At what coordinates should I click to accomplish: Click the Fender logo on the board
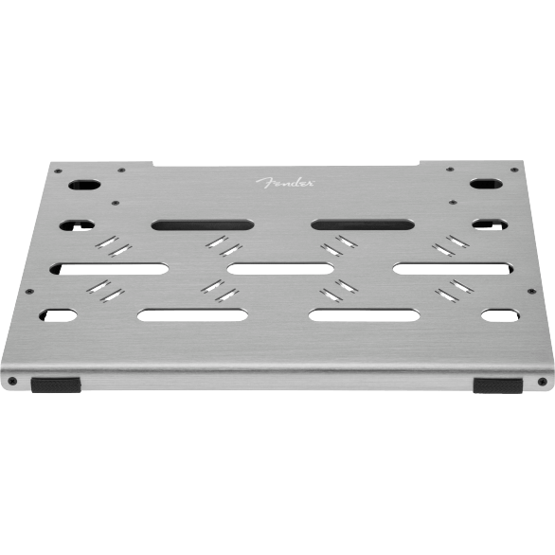click(x=284, y=183)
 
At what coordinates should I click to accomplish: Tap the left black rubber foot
click(x=56, y=385)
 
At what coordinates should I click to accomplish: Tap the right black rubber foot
click(x=497, y=385)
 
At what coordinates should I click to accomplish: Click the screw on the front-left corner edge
click(x=13, y=381)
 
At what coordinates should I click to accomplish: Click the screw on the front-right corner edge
click(x=542, y=382)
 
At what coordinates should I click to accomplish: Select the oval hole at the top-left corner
click(x=84, y=185)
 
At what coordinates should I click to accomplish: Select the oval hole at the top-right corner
click(x=486, y=184)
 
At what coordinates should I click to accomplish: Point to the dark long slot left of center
click(x=203, y=224)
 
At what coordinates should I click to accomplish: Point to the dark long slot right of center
click(x=363, y=224)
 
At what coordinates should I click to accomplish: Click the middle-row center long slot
click(x=280, y=269)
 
